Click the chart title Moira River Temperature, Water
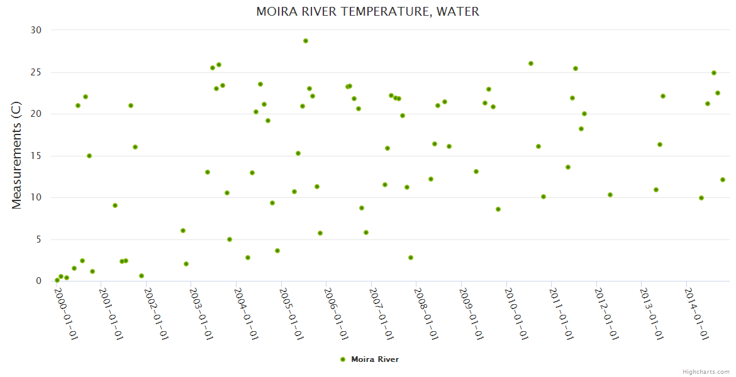367,11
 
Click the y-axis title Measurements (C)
16,156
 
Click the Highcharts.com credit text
706,371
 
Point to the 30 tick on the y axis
36,30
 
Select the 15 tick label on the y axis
36,156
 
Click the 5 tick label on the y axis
38,239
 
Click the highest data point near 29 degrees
306,41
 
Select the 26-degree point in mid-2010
531,63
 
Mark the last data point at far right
723,180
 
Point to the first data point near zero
57,280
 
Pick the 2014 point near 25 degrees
714,73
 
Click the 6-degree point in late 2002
183,231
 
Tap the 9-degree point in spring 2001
115,205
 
